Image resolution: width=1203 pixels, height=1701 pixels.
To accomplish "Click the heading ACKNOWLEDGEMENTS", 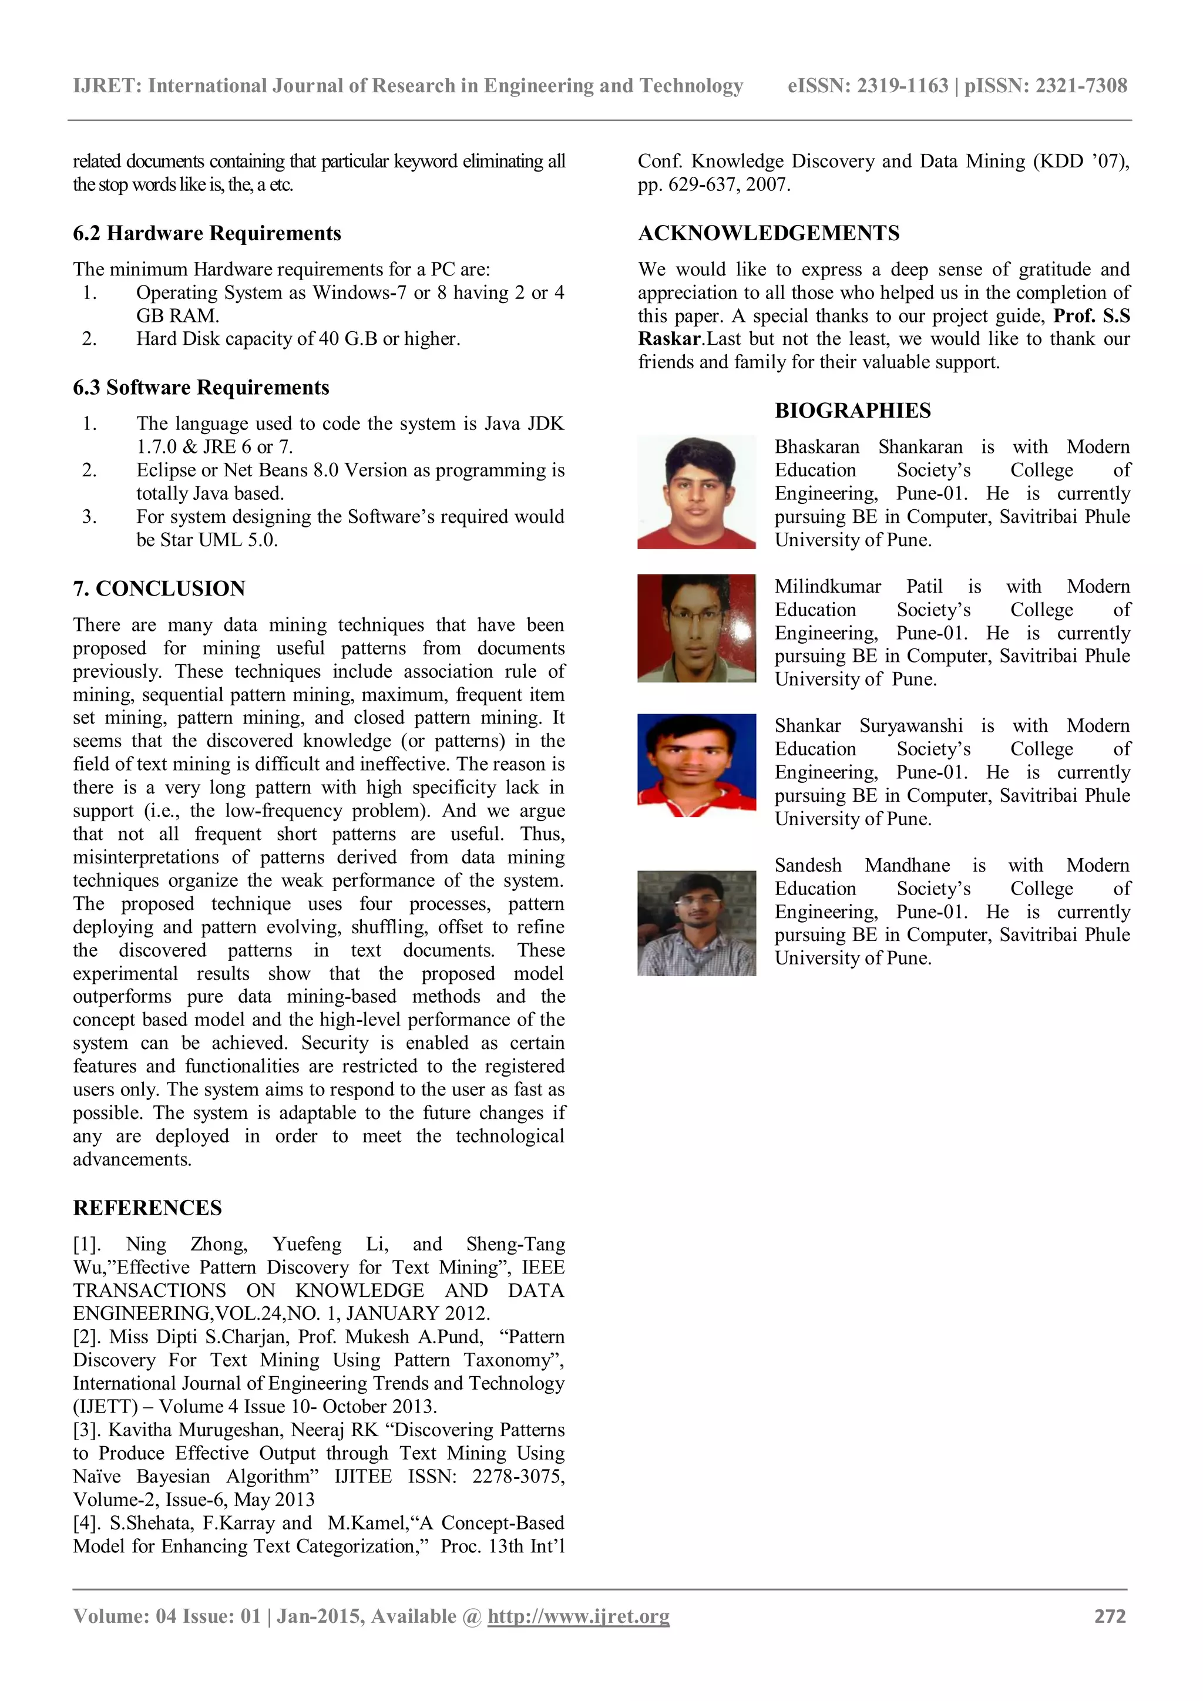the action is tap(768, 233).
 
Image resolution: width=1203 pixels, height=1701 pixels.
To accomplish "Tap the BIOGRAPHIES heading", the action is tap(853, 411).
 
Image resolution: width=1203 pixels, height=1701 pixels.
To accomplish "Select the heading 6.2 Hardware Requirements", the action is tap(207, 233).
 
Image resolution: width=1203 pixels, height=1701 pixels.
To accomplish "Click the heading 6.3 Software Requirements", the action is tap(201, 388).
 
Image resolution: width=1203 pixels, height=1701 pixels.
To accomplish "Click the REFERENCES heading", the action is tap(147, 1208).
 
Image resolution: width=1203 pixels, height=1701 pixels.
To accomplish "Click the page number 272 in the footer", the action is tap(1110, 1616).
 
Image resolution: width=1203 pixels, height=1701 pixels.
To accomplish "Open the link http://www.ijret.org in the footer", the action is tap(578, 1616).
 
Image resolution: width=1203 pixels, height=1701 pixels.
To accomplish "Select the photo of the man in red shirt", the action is tap(696, 492).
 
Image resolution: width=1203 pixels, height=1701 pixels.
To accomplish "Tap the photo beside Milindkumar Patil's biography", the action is tap(696, 628).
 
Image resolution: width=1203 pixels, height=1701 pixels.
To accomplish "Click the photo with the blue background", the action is tap(696, 765).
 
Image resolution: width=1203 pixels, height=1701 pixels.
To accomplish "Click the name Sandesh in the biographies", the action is tap(808, 865).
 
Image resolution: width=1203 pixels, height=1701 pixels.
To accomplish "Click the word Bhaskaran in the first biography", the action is tap(816, 447).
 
